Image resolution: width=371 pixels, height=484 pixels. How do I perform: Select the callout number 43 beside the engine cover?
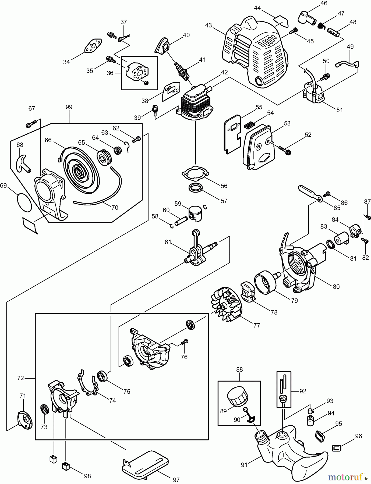(208, 25)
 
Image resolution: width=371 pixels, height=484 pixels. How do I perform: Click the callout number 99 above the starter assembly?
(69, 107)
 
